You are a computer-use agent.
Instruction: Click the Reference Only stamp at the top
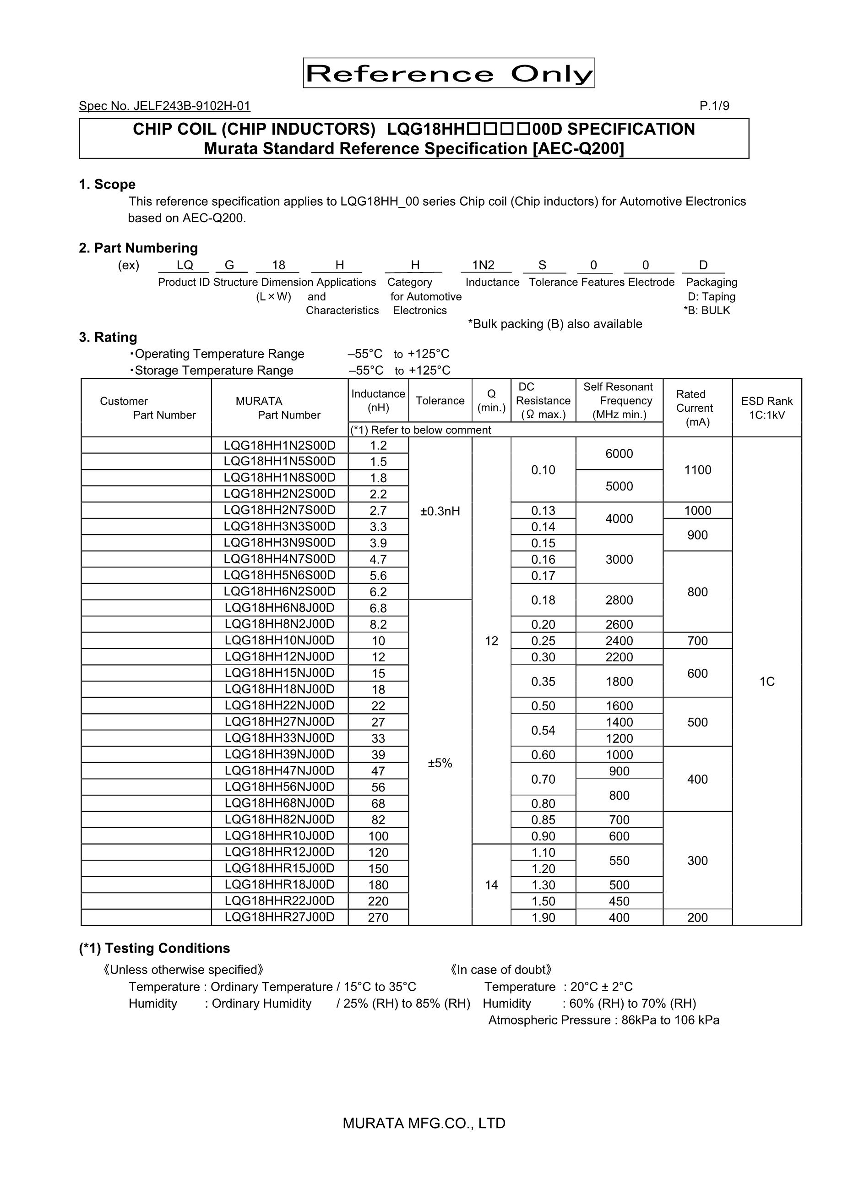448,73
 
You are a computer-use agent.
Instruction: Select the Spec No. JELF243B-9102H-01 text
164,106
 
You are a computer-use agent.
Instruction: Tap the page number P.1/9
714,106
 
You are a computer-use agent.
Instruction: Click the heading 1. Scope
107,185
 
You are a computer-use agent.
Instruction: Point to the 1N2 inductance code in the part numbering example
484,266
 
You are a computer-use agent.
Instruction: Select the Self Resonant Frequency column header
619,400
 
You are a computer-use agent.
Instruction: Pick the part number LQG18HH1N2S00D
279,445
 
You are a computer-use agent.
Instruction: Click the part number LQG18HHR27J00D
279,917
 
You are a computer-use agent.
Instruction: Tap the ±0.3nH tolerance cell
440,511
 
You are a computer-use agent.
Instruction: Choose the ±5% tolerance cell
440,763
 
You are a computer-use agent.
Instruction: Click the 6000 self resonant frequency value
619,453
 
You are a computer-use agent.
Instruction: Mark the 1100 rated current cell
697,470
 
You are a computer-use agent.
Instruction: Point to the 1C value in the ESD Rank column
766,682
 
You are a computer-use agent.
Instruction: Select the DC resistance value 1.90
543,917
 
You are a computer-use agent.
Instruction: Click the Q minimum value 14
491,885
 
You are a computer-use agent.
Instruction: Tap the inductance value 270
378,917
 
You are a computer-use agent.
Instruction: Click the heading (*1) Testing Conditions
155,949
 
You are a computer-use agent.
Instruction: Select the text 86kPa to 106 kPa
670,1020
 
